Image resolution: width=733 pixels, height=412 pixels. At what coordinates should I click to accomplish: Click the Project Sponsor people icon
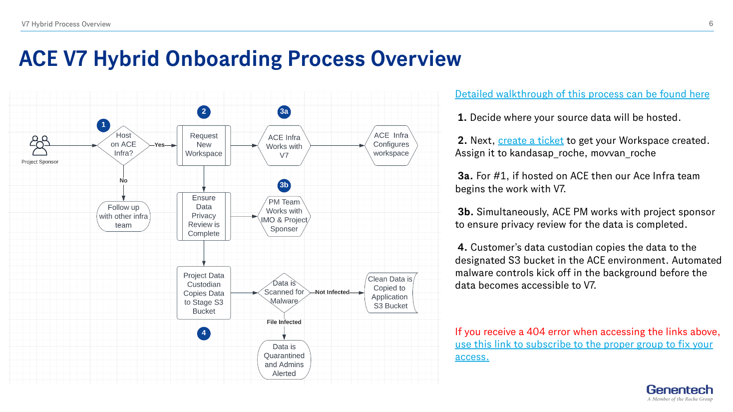[39, 145]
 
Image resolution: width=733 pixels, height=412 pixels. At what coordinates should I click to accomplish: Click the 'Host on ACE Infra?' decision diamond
[123, 145]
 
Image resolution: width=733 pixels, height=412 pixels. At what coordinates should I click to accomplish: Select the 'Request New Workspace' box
[204, 145]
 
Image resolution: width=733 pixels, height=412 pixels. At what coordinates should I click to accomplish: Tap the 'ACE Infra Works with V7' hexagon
[284, 146]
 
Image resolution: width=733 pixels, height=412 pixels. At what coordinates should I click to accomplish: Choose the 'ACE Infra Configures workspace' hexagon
[391, 145]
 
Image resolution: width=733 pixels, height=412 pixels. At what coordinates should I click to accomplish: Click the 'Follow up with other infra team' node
[123, 216]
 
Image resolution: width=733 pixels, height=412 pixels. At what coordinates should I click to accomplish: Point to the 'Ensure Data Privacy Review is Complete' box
[204, 216]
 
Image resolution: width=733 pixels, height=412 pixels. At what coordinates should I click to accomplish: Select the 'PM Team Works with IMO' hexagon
[284, 216]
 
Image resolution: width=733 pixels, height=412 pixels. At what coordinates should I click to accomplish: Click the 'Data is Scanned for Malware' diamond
[284, 293]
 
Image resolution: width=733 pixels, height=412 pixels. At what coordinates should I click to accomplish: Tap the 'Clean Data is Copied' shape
[390, 293]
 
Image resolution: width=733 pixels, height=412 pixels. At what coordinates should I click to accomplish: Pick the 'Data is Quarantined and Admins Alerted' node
[284, 360]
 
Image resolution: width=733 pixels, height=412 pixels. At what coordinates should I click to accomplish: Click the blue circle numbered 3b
[284, 185]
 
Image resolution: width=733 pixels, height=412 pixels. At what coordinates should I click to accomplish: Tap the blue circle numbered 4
[204, 333]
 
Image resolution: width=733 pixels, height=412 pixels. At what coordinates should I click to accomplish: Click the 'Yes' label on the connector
[159, 145]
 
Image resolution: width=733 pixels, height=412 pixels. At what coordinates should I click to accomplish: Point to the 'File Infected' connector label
[284, 322]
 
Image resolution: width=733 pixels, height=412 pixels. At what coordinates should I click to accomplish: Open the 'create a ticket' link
[530, 141]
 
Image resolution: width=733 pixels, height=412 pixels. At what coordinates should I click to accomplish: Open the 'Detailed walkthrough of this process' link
[582, 94]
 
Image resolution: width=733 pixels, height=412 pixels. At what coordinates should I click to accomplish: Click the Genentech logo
[680, 393]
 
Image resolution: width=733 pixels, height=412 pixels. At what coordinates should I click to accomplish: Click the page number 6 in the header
[711, 23]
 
